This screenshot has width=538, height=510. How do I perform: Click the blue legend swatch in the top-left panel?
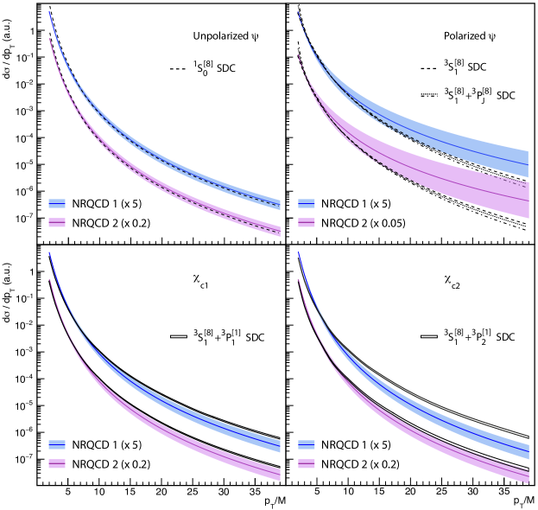[x=57, y=203]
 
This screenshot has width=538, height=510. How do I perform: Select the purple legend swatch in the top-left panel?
[x=57, y=222]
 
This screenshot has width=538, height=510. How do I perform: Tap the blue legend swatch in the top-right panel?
[x=307, y=203]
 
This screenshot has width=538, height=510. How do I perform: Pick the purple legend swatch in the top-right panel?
[x=307, y=222]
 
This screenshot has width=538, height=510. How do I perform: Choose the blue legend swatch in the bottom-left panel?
[x=57, y=444]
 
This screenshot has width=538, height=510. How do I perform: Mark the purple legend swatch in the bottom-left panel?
[x=57, y=463]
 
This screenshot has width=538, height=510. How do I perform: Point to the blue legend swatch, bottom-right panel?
[x=307, y=444]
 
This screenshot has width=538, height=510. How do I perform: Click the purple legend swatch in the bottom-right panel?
[x=307, y=463]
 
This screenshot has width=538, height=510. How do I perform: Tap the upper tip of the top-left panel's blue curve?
[x=49, y=12]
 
